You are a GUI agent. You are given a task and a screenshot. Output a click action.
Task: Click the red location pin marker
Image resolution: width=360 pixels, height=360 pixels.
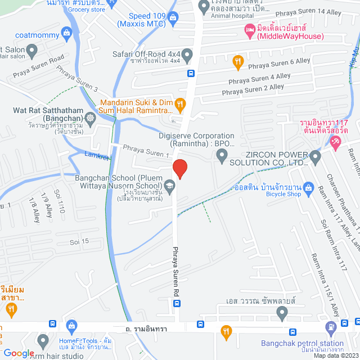179,169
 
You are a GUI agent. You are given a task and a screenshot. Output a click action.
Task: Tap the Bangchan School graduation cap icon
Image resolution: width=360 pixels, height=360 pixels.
169,184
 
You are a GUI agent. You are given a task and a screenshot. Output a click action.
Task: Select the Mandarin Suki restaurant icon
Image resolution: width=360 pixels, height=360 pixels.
180,103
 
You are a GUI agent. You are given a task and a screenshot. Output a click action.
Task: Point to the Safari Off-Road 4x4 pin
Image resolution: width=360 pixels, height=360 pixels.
188,55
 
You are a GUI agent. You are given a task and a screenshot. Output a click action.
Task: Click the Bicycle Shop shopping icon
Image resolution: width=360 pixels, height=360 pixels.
308,187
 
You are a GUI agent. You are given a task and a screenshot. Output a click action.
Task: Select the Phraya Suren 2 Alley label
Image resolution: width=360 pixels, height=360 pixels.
253,89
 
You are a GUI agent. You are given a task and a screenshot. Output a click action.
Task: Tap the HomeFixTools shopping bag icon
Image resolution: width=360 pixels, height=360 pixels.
71,326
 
